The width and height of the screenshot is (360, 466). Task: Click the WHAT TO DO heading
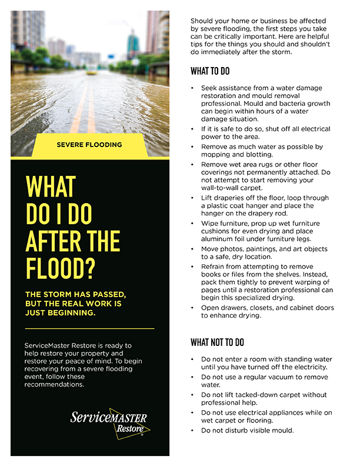[x=210, y=72]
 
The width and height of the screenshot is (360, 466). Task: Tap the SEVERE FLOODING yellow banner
[x=89, y=144]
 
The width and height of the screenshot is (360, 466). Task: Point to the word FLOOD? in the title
[x=61, y=267]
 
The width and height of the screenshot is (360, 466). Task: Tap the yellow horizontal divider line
[x=89, y=328]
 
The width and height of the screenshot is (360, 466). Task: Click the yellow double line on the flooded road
[x=83, y=112]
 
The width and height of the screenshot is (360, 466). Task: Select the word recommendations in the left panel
[x=55, y=384]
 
